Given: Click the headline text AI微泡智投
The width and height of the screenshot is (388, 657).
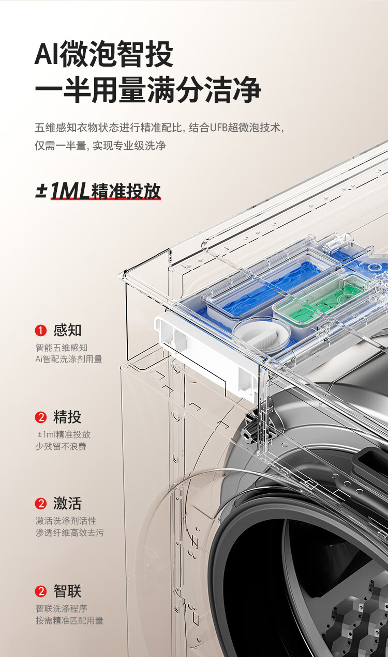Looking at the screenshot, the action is point(103,54).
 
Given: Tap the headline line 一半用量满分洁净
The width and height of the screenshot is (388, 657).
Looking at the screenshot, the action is point(148,90).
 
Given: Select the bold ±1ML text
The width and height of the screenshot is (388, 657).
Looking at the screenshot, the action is point(62,191).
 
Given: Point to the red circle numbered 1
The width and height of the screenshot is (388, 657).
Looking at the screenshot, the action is point(41,331).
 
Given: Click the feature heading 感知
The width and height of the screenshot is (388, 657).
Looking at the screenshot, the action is point(67,330).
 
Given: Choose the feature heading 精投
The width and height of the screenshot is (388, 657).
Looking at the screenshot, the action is point(67,417).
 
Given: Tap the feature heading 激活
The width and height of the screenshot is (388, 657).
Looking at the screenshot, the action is point(67,503).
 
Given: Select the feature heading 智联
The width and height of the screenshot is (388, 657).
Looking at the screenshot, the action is point(67,591).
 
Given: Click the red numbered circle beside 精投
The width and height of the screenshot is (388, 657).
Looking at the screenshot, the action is point(41,417).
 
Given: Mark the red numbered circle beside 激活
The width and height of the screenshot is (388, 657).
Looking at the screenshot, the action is point(41,504).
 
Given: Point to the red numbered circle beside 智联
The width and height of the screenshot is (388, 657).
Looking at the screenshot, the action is point(41,591).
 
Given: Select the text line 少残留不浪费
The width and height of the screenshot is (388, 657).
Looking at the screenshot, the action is point(61,446).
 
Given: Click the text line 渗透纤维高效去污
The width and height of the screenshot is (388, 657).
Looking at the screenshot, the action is point(70,533).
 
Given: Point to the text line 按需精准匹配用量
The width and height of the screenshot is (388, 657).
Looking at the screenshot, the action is point(70,620).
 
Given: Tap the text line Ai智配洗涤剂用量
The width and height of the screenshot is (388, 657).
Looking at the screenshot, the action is point(69,359).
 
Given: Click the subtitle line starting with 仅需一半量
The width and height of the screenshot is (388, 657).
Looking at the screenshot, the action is point(100,146).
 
